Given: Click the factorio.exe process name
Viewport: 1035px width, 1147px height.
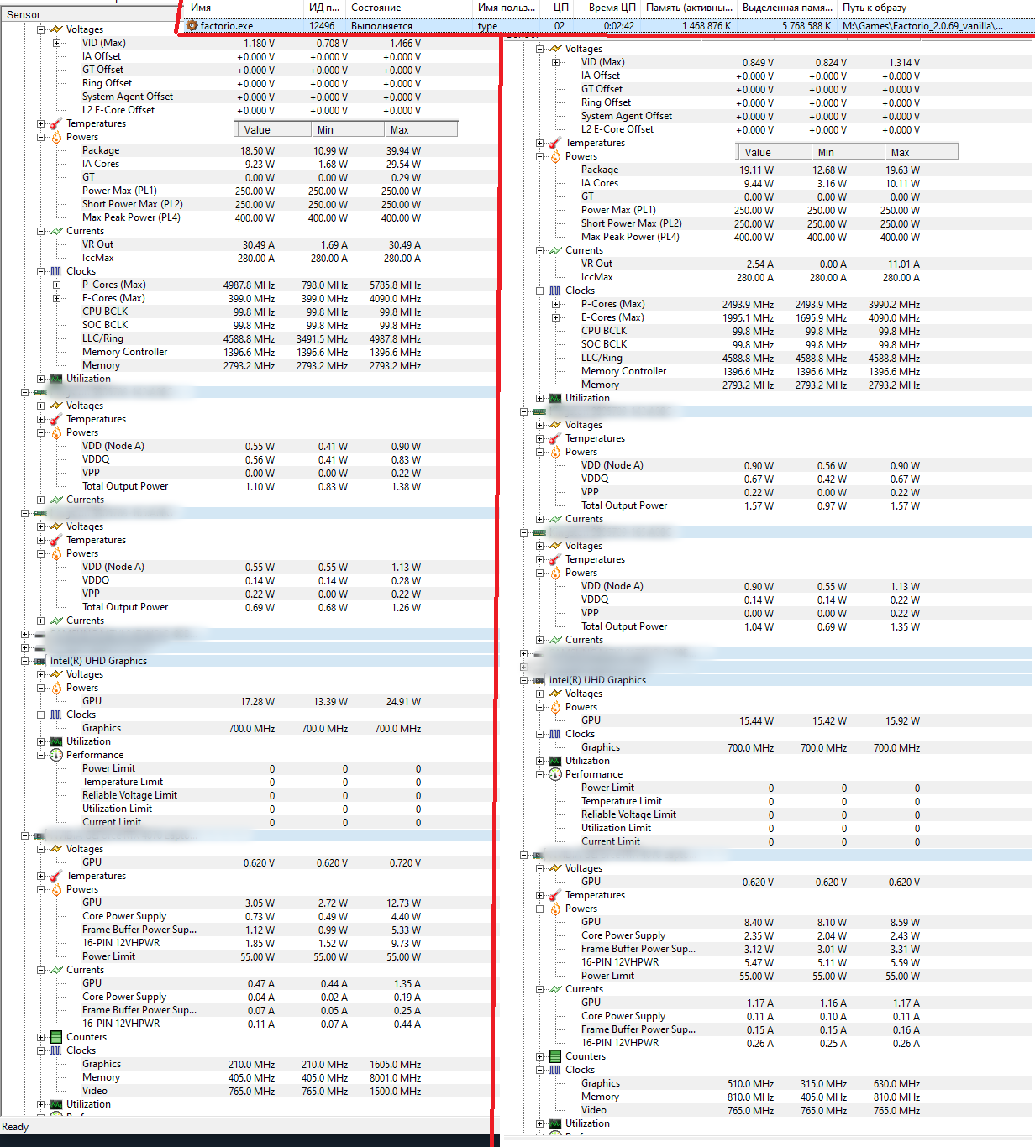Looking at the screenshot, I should [226, 26].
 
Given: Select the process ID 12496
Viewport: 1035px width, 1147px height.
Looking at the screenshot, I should [322, 26].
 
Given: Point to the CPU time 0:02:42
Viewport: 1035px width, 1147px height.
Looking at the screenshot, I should [619, 26].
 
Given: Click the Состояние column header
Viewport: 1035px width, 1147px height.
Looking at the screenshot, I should [376, 8].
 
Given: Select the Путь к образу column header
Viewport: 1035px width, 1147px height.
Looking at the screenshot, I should [875, 8].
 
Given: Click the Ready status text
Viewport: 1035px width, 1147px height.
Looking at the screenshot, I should [15, 1127].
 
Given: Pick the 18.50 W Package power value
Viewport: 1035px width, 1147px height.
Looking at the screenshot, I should [257, 151].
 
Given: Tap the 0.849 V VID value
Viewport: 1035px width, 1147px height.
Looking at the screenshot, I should [758, 63].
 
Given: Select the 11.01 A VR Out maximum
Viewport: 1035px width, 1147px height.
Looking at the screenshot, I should [904, 264].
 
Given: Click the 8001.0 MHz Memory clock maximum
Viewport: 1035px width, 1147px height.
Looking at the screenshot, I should [395, 1078].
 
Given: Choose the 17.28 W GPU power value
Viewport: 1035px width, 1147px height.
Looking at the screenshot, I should [257, 702].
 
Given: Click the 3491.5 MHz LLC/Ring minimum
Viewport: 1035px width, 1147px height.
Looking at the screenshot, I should [322, 339].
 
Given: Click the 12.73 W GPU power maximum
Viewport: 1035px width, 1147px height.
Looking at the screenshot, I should [403, 903].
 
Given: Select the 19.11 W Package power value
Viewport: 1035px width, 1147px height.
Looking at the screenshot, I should [756, 170].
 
